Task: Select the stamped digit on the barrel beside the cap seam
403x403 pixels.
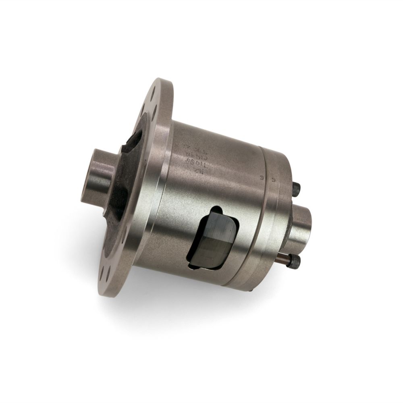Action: (x=262, y=176)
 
